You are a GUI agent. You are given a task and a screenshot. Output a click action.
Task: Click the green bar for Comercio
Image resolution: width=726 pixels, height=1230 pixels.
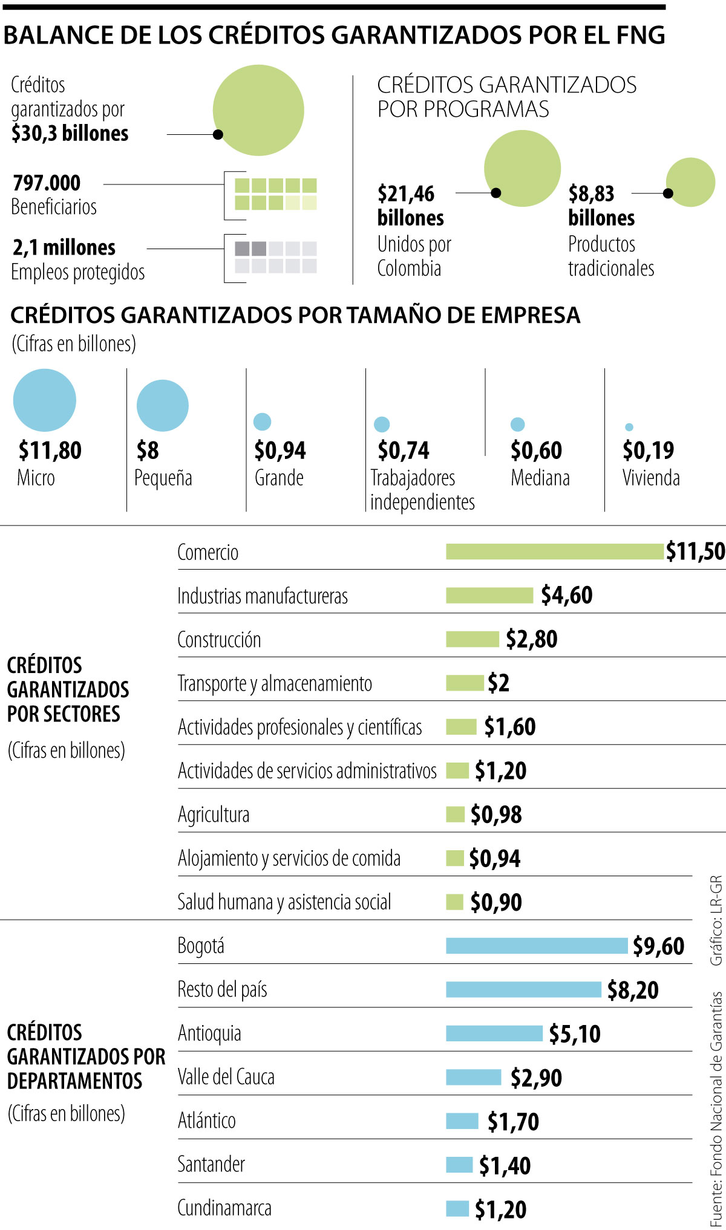coord(554,552)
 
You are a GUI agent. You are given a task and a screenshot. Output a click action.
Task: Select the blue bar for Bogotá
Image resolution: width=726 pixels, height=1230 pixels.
coord(537,946)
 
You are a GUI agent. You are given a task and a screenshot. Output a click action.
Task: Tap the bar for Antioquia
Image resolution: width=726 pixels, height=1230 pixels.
coord(494,1033)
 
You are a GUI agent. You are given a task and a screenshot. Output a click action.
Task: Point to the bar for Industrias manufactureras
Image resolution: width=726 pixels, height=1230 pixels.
coord(489,596)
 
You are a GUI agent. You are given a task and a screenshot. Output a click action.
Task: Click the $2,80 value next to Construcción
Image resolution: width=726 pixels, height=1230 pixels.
coord(531,639)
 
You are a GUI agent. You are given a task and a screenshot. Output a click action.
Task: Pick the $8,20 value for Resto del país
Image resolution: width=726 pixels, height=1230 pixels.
coord(633,990)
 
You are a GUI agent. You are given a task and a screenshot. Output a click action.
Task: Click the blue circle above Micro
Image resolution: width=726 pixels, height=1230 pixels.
coord(45,400)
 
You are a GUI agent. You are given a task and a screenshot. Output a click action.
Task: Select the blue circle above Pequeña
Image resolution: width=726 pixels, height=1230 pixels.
coord(162,405)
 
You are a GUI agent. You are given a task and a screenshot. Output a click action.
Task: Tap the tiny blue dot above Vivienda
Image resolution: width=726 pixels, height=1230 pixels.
coord(629,427)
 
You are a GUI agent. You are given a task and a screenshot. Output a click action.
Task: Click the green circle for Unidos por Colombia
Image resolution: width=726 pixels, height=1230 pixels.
coord(522,169)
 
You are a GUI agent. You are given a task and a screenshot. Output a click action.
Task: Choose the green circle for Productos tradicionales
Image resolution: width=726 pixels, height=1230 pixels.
coord(690,182)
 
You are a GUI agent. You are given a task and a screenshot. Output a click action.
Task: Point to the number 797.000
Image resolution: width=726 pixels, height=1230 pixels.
coord(47,183)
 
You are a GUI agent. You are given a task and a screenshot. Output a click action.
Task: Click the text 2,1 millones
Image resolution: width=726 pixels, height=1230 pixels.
coord(64,247)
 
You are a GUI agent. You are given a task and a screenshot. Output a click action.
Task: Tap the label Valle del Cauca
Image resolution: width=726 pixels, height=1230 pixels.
coord(226,1077)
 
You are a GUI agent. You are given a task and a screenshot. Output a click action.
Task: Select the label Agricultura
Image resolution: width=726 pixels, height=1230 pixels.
coord(213,815)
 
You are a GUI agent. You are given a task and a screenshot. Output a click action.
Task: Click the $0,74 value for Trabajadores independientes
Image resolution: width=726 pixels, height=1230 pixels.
coord(403,451)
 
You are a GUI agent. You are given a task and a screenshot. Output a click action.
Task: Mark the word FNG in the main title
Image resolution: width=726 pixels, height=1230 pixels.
coord(640,35)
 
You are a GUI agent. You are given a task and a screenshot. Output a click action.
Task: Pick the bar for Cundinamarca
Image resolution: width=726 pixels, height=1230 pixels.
coord(457,1208)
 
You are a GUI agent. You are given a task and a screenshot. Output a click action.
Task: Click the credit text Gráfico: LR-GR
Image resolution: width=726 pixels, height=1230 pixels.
coord(716,920)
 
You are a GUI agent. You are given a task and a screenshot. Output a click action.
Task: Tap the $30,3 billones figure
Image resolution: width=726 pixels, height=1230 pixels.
coord(70,133)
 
